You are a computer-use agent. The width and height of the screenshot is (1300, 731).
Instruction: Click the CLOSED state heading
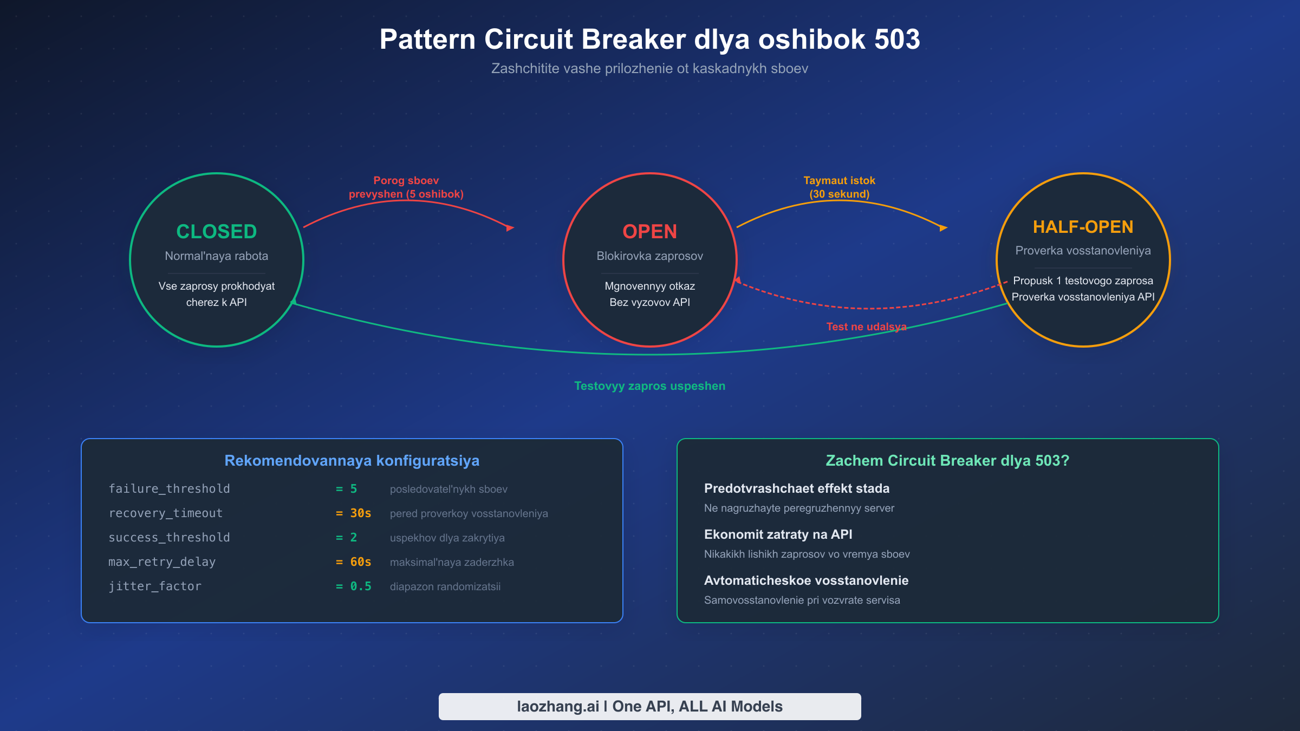tap(217, 232)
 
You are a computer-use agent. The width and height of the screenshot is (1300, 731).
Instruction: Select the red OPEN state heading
tap(649, 232)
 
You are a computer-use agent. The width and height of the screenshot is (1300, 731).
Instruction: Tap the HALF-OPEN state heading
tap(1083, 227)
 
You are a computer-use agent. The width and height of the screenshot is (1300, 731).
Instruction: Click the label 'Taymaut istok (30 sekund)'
tap(839, 187)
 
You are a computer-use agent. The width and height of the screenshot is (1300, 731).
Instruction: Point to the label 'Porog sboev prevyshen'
tap(406, 187)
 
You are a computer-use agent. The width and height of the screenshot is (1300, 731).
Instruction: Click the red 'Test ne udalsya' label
tap(866, 327)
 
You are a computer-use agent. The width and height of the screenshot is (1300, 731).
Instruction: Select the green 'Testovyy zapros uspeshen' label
tap(649, 386)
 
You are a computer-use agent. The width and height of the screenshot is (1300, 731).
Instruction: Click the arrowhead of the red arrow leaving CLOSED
tap(510, 228)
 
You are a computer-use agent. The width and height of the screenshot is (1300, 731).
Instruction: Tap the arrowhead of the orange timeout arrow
tap(944, 228)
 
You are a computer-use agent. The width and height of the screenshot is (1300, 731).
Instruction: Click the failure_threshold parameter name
tap(169, 489)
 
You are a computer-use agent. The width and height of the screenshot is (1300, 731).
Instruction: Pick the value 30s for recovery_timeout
tap(360, 513)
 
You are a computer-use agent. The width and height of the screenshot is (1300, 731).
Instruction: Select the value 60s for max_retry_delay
tap(360, 562)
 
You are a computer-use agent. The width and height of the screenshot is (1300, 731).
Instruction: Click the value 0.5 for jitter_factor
tap(360, 586)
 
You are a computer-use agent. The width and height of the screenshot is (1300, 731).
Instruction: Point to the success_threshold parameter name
tap(169, 538)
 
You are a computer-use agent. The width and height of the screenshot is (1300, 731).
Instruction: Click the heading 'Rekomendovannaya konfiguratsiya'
tap(352, 461)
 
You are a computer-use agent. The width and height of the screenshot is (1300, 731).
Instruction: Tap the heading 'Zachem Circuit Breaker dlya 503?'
tap(947, 461)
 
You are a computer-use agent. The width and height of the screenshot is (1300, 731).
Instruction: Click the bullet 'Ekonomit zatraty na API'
tap(778, 534)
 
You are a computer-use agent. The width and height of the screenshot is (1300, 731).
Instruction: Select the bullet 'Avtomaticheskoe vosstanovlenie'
tap(806, 580)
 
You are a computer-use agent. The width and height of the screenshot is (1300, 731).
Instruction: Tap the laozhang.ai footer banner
tap(649, 707)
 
